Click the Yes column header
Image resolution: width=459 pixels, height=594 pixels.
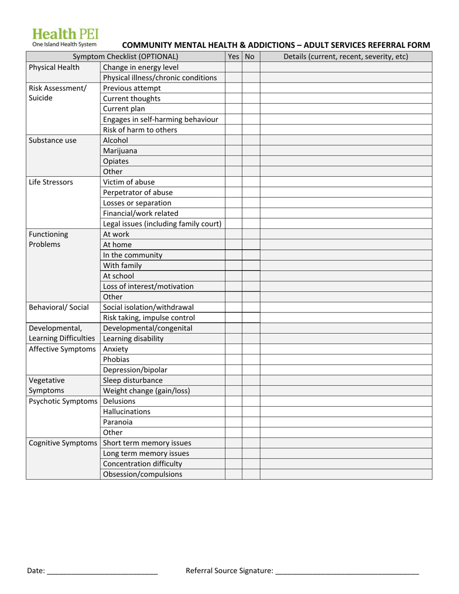pos(233,57)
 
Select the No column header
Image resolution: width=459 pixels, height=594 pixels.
pos(250,57)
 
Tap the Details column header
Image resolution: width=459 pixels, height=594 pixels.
pos(345,57)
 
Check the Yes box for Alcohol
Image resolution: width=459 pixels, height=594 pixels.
pos(233,141)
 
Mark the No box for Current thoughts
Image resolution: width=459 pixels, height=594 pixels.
pos(251,99)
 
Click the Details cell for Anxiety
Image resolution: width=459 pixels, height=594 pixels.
pos(345,349)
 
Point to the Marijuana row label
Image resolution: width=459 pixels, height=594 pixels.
pos(120,151)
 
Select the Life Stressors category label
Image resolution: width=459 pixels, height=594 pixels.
pos(51,182)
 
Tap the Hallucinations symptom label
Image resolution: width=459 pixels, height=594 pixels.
pos(127,411)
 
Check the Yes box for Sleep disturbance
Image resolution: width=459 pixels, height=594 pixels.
pos(233,381)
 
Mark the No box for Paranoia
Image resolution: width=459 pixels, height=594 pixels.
pos(251,422)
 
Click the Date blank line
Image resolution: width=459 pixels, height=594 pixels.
pos(102,571)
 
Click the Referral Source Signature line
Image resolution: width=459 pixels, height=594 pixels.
pos(346,571)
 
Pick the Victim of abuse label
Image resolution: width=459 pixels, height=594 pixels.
pos(129,182)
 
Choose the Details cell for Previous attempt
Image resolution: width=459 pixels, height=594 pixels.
pos(345,88)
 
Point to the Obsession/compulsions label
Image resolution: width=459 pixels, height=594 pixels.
pos(143,474)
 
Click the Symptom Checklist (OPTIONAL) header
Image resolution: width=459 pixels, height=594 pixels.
pos(125,57)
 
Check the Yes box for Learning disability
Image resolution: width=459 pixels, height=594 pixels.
pos(233,339)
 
